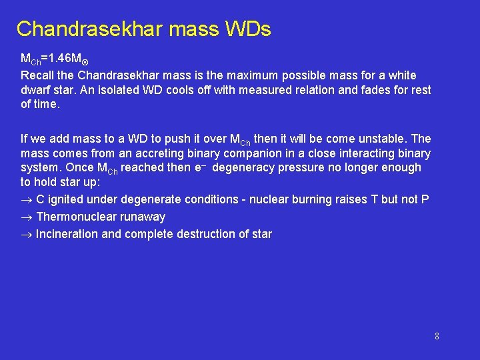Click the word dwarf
[x=35, y=90]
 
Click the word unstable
[x=387, y=139]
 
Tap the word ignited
[x=67, y=199]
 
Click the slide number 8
[x=437, y=336]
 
